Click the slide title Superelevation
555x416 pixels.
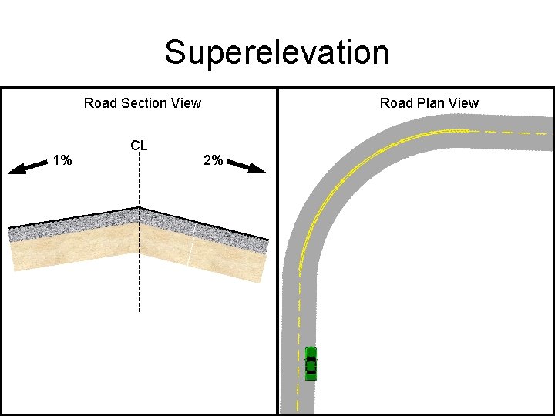[x=277, y=52]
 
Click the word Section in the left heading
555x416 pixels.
[x=143, y=103]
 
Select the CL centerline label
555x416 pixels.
[x=139, y=146]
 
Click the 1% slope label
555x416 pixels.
[x=62, y=161]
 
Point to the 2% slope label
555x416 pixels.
[x=213, y=161]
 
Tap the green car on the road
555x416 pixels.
[x=311, y=363]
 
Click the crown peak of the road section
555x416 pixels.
[x=139, y=208]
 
